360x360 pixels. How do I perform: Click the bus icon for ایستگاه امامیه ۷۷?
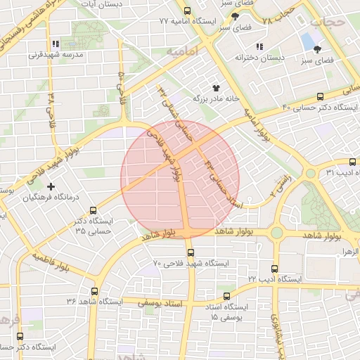click(x=187, y=11)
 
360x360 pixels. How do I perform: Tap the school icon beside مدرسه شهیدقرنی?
click(x=56, y=43)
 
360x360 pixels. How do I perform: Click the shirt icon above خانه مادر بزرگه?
click(x=215, y=87)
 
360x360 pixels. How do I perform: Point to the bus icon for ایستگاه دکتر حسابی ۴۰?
click(x=321, y=97)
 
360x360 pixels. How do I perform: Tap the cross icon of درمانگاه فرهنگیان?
click(x=50, y=186)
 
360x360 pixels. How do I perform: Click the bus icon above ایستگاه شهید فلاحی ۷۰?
click(x=190, y=252)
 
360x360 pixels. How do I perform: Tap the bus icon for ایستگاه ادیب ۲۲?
click(x=274, y=269)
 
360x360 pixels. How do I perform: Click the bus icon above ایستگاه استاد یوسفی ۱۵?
click(x=226, y=296)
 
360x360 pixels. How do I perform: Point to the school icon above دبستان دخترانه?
click(x=259, y=46)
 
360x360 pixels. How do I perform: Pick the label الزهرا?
click(x=349, y=251)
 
